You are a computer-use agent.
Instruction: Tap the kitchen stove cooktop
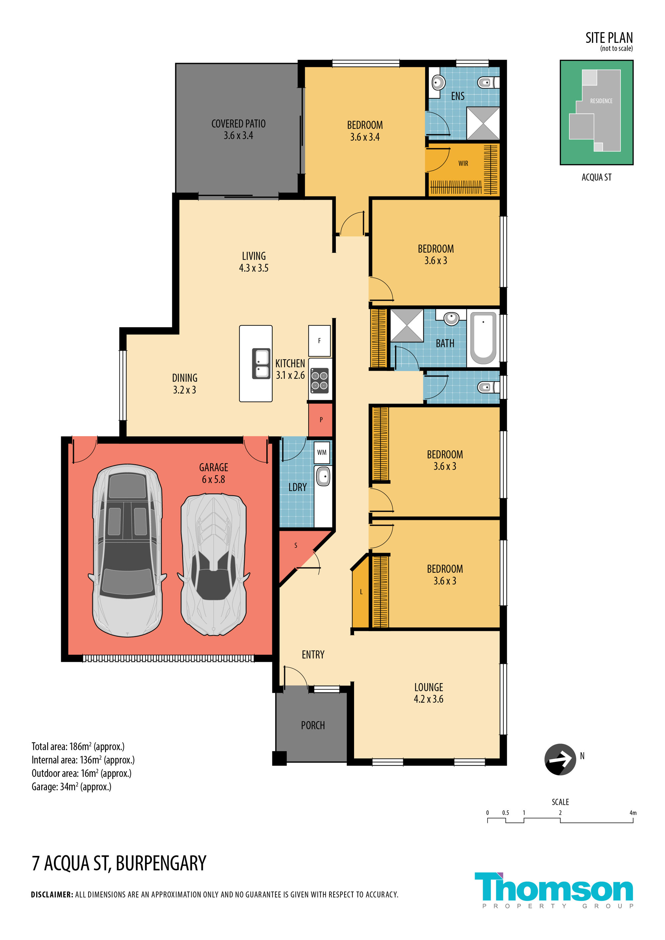click(320, 380)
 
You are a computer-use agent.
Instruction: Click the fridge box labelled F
click(320, 341)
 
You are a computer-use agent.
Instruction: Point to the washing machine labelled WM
click(322, 452)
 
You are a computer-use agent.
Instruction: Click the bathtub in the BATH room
click(483, 338)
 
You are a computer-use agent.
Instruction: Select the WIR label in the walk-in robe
click(463, 163)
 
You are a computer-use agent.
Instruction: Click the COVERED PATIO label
click(238, 124)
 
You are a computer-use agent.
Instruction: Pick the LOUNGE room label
click(428, 687)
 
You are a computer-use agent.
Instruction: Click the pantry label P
click(321, 419)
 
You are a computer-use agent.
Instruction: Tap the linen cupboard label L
click(361, 592)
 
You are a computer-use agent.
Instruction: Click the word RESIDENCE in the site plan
click(601, 101)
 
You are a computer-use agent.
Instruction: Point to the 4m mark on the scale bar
click(633, 813)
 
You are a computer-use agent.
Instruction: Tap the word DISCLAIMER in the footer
click(52, 894)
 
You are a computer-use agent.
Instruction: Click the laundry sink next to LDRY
click(323, 476)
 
